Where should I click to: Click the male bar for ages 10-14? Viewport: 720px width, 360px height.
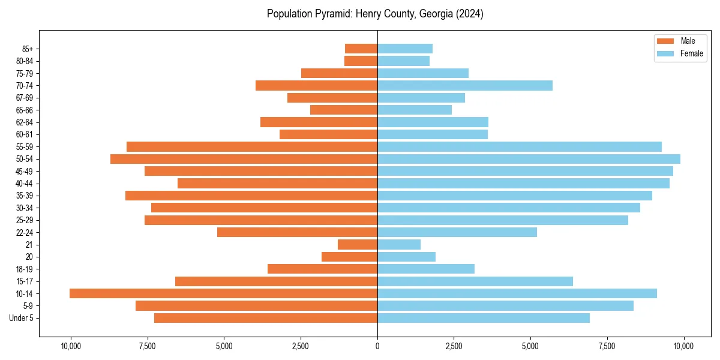pyautogui.click(x=223, y=293)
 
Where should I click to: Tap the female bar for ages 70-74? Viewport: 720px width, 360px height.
pyautogui.click(x=465, y=86)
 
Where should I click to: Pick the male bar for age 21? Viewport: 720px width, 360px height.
pyautogui.click(x=358, y=245)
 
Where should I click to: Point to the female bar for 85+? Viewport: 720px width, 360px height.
pyautogui.click(x=405, y=49)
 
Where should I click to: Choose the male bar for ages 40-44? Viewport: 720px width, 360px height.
pyautogui.click(x=277, y=184)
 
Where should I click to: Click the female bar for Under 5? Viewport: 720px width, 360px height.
pyautogui.click(x=484, y=318)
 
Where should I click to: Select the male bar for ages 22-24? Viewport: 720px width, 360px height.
pyautogui.click(x=297, y=232)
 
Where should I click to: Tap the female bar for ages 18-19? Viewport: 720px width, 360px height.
pyautogui.click(x=426, y=269)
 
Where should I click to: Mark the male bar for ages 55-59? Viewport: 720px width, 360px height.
pyautogui.click(x=252, y=147)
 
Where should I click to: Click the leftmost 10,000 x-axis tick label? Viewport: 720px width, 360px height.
pyautogui.click(x=71, y=346)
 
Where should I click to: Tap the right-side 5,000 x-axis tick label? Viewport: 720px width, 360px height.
pyautogui.click(x=530, y=346)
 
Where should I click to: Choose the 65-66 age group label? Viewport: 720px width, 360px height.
pyautogui.click(x=25, y=110)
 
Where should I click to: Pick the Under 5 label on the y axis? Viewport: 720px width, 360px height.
pyautogui.click(x=22, y=318)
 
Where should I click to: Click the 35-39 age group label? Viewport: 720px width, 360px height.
pyautogui.click(x=25, y=196)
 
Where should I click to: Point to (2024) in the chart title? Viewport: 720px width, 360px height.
pyautogui.click(x=469, y=14)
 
